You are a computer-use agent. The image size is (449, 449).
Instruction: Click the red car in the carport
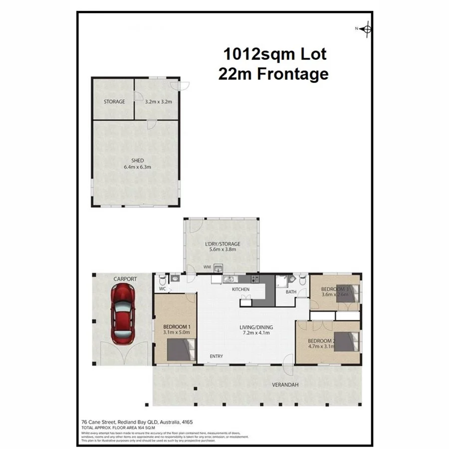pyautogui.click(x=122, y=314)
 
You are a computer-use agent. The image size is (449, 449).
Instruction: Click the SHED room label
pyautogui.click(x=137, y=160)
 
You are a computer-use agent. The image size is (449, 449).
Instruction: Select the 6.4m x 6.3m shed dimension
pyautogui.click(x=137, y=167)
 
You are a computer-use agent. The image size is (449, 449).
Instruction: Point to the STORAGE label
pyautogui.click(x=114, y=101)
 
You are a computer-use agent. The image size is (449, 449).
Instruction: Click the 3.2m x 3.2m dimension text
pyautogui.click(x=158, y=101)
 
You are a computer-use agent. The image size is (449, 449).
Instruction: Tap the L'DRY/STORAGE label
pyautogui.click(x=223, y=244)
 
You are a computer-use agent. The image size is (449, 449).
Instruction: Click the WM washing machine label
pyautogui.click(x=207, y=267)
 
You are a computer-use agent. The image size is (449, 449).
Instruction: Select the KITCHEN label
pyautogui.click(x=240, y=289)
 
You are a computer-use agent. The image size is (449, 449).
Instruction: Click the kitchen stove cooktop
pyautogui.click(x=254, y=279)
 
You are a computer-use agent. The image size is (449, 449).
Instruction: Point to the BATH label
pyautogui.click(x=291, y=292)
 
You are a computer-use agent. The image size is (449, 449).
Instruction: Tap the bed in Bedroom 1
pyautogui.click(x=180, y=349)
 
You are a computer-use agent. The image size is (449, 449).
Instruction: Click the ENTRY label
pyautogui.click(x=216, y=356)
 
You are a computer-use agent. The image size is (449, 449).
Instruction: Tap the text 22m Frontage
pyautogui.click(x=273, y=74)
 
